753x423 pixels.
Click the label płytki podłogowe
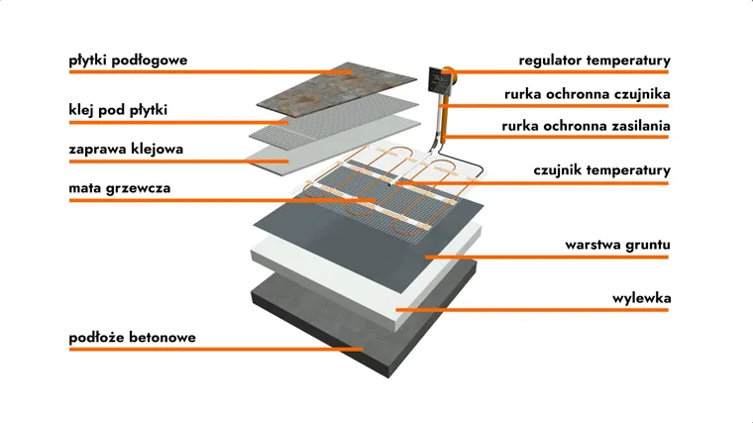click(128, 60)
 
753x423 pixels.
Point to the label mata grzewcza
click(113, 187)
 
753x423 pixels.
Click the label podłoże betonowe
click(132, 337)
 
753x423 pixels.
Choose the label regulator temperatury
click(594, 60)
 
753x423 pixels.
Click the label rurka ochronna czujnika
click(588, 94)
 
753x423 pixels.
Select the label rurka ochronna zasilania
click(587, 126)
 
